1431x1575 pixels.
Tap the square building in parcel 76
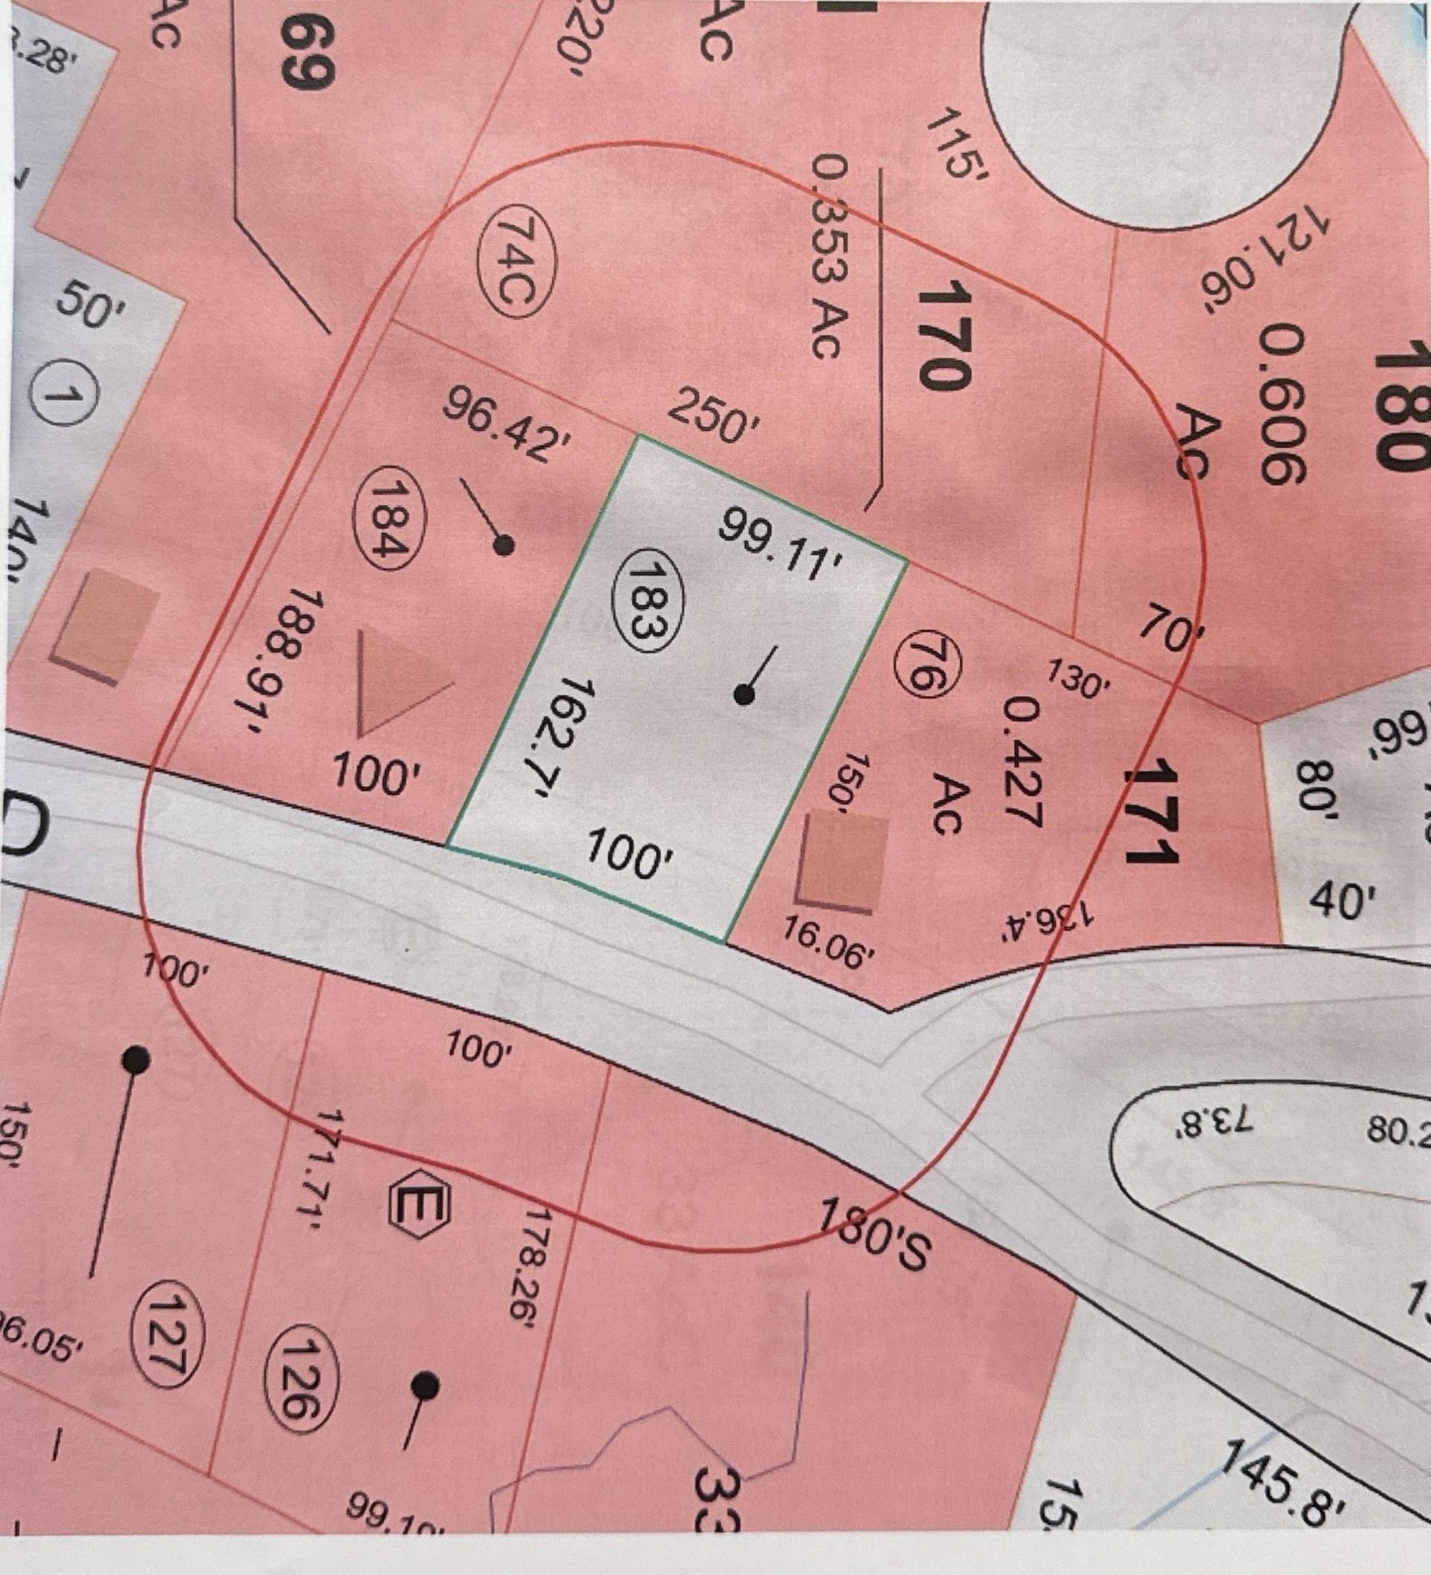842,862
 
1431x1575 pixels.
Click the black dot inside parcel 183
745,694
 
